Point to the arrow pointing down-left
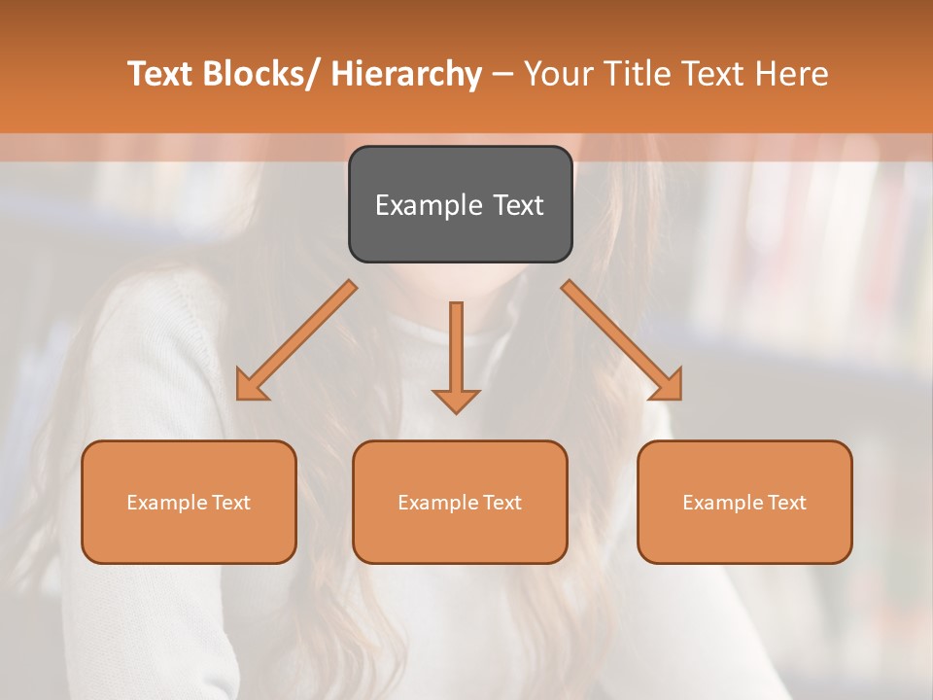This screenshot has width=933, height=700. [x=296, y=340]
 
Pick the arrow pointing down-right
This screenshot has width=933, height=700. [x=622, y=340]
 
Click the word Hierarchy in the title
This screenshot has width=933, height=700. [x=406, y=74]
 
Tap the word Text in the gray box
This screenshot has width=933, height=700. [x=518, y=205]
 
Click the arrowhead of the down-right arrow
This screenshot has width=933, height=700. [x=668, y=385]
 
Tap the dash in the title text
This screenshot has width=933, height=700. [x=502, y=75]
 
